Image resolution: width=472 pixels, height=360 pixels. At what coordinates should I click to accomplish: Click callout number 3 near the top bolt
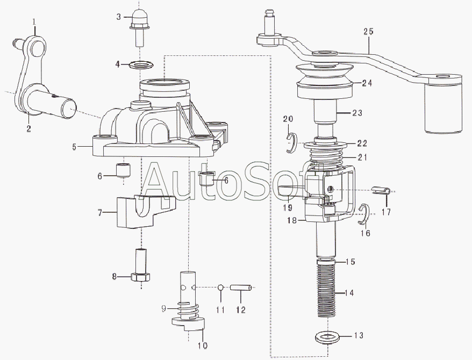pyautogui.click(x=119, y=17)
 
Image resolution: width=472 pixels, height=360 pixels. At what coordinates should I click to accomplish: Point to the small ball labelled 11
pyautogui.click(x=220, y=288)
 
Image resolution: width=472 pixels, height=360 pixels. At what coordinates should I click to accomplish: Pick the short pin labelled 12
pyautogui.click(x=241, y=288)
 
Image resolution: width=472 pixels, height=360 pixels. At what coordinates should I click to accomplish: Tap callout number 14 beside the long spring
pyautogui.click(x=349, y=293)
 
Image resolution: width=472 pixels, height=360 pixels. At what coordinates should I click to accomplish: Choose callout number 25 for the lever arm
pyautogui.click(x=368, y=32)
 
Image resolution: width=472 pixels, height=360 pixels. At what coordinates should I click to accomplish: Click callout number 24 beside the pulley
pyautogui.click(x=367, y=83)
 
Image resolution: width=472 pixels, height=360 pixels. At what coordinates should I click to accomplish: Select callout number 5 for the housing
pyautogui.click(x=75, y=146)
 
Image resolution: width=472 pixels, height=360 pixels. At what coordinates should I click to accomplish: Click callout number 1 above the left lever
pyautogui.click(x=34, y=21)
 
